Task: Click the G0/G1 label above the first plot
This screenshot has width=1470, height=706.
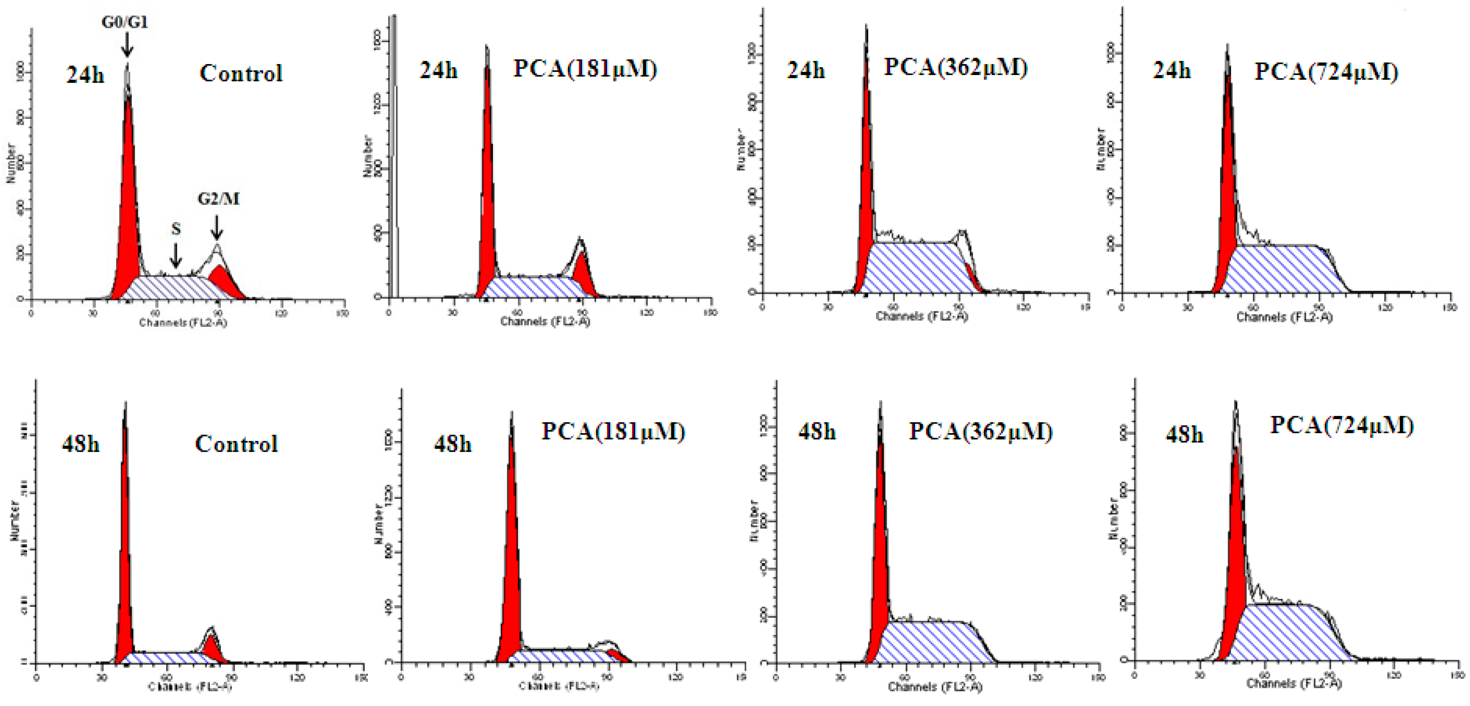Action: coord(125,22)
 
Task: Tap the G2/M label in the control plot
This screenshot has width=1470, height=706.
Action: coord(218,199)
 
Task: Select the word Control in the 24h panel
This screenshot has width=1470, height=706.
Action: coord(241,74)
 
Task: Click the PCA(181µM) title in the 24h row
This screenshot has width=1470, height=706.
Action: coord(585,69)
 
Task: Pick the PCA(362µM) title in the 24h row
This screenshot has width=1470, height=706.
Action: coord(956,67)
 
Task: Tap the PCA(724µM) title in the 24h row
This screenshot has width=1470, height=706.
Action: coord(1326,72)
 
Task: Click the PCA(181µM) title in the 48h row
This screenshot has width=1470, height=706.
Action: coord(613,432)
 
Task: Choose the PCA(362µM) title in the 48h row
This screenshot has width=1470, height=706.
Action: coord(980,432)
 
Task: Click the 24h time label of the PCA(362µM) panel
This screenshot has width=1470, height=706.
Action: coord(806,70)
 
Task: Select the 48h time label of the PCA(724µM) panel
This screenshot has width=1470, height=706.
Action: coord(1184,435)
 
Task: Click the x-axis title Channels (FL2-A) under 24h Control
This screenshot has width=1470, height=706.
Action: coord(183,323)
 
